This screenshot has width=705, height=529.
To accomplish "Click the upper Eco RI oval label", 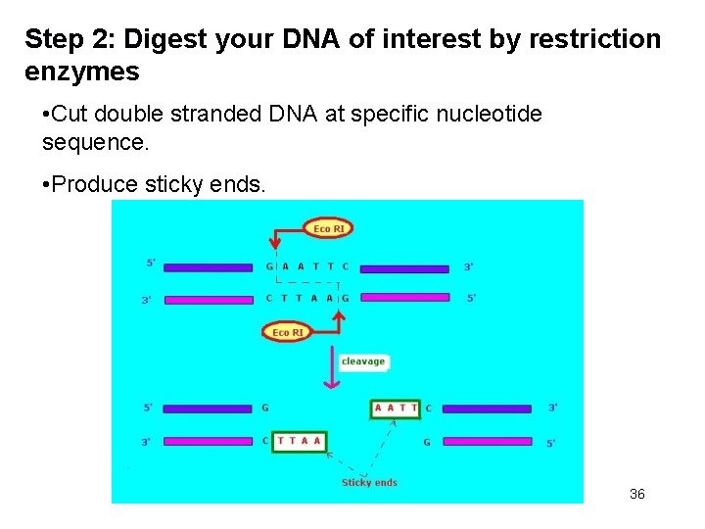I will (x=329, y=228).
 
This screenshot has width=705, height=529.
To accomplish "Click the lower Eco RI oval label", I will (x=288, y=332).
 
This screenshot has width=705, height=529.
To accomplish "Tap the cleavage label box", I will (x=363, y=361).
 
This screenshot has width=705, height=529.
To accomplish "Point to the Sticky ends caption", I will (x=369, y=482).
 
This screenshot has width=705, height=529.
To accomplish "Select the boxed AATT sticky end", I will (x=396, y=408).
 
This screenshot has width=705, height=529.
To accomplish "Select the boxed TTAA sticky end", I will (x=299, y=441).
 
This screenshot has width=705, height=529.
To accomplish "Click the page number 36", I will (x=637, y=494).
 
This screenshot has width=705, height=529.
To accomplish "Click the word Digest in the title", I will (x=160, y=40).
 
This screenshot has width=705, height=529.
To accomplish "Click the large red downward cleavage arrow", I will (x=331, y=366).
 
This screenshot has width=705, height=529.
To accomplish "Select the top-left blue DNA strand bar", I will (x=208, y=266).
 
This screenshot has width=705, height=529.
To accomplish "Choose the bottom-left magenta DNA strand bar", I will (x=208, y=441).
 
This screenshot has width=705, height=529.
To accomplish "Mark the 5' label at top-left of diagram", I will (x=151, y=263).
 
